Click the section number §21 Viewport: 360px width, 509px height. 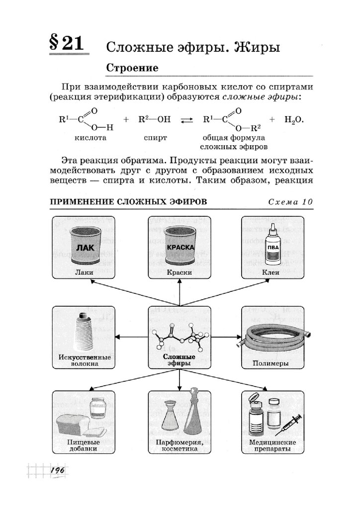66,44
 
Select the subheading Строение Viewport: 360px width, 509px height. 132,67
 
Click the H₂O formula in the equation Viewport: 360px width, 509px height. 293,120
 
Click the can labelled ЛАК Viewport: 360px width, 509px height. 85,246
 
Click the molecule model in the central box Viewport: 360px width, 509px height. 179,336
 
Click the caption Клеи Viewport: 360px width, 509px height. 271,272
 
